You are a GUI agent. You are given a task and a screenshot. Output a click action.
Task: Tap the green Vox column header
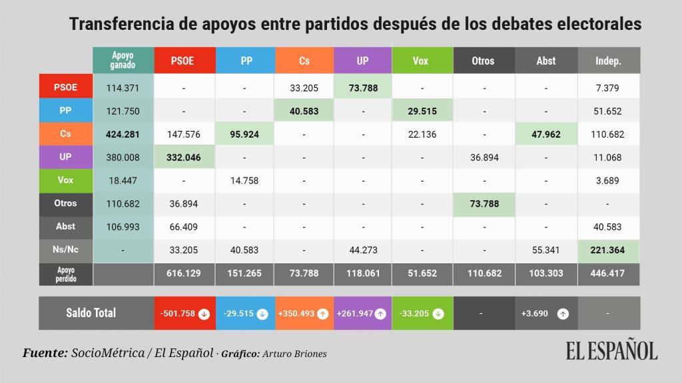[x=420, y=61]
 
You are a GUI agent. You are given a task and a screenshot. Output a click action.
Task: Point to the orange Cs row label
[x=65, y=134]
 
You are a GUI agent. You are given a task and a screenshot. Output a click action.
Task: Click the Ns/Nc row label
[x=65, y=250]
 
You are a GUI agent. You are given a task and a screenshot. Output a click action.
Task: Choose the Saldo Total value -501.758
[x=176, y=313]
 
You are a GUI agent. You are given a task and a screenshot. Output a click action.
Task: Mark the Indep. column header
[x=608, y=61]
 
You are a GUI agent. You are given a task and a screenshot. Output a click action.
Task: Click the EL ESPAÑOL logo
[x=611, y=351]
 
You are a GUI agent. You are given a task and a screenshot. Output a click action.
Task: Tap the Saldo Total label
[x=91, y=313]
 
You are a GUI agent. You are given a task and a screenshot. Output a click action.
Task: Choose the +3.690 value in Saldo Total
[x=535, y=313]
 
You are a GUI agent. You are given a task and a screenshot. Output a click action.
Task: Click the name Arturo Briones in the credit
[x=294, y=354]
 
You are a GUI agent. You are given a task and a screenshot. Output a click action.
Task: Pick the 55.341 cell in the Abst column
[x=546, y=251]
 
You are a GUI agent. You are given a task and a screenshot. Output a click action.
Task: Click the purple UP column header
[x=362, y=61]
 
